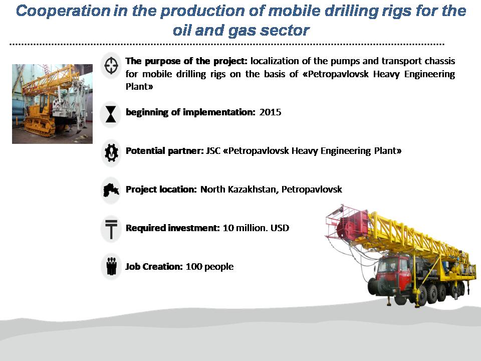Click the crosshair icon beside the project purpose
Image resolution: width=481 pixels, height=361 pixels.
111,65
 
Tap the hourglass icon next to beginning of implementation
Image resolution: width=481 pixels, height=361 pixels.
111,114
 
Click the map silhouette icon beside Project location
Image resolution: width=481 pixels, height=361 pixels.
111,190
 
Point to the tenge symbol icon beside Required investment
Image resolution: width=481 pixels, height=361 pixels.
111,229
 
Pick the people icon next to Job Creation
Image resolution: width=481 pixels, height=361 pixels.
111,266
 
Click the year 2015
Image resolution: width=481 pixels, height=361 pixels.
270,112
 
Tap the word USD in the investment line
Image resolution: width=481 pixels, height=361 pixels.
280,228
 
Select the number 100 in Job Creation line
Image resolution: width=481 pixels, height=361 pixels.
194,266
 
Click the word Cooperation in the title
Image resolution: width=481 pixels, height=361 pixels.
63,11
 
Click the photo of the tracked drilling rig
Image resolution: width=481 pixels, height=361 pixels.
52,104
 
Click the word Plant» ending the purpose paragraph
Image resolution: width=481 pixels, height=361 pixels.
139,87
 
